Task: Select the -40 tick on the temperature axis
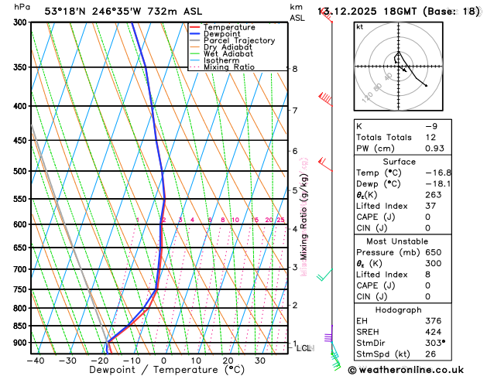coord(36,361)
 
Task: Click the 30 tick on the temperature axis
coord(260,361)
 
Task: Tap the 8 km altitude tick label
coord(294,69)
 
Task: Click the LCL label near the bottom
coord(304,348)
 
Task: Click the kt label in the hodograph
coord(359,26)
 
